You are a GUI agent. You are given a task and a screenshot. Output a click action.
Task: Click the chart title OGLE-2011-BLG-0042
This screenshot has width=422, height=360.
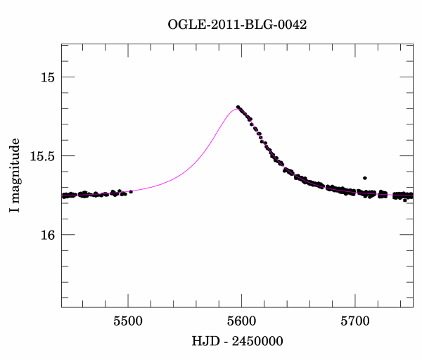tap(237, 24)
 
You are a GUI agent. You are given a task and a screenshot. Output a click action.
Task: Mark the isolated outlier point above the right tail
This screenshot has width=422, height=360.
tap(364, 179)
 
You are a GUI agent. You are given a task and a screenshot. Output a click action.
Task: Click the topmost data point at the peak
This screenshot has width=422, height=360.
tap(238, 107)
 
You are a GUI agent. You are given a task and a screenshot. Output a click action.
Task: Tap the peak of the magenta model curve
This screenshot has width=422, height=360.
tap(235, 108)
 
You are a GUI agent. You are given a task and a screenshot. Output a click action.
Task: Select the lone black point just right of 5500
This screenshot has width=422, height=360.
tap(131, 191)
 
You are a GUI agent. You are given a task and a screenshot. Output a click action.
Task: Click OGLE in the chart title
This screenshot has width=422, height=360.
tap(186, 24)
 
